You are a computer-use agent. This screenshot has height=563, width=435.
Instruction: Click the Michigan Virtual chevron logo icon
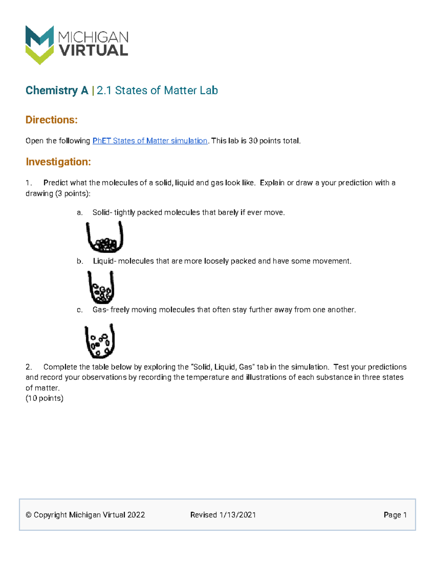point(40,45)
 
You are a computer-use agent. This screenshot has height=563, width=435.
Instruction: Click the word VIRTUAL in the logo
point(94,51)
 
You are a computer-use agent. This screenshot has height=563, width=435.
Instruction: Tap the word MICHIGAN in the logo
point(93,37)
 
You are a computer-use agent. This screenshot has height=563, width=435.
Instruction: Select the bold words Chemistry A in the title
point(57,90)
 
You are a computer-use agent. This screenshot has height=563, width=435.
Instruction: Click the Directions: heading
point(51,120)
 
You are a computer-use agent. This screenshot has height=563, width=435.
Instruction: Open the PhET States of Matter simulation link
point(150,141)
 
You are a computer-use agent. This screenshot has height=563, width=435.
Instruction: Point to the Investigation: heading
point(58,162)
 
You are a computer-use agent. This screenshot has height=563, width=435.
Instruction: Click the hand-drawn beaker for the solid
point(104,237)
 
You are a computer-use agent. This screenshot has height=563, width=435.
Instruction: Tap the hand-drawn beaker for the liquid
point(101,287)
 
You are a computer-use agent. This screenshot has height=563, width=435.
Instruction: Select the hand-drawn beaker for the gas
point(100,341)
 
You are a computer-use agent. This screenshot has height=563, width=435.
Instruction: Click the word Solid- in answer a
point(102,212)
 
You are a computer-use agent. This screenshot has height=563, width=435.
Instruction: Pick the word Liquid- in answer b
point(104,261)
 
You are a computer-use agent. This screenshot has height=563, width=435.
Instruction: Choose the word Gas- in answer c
point(100,310)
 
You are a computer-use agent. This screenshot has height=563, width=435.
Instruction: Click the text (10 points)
point(44,398)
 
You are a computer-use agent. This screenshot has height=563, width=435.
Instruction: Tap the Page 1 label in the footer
point(395,515)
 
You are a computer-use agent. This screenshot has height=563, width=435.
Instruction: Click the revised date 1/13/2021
point(237,515)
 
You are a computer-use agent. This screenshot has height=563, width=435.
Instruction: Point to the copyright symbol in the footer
point(29,515)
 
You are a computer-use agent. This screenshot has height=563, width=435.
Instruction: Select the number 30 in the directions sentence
point(253,141)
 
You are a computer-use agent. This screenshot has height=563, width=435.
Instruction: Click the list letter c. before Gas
point(80,310)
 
